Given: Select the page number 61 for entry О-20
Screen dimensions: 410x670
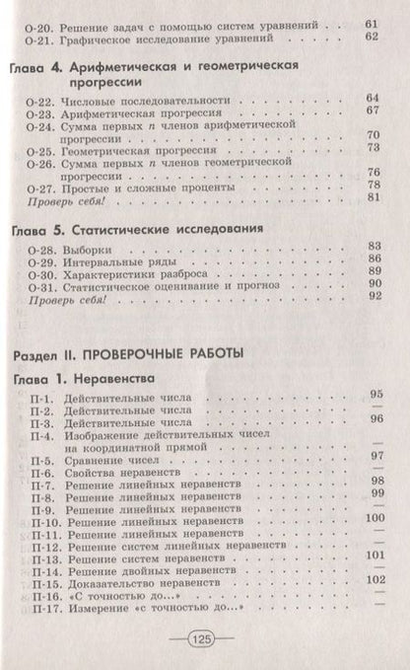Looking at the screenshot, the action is pyautogui.click(x=371, y=21).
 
